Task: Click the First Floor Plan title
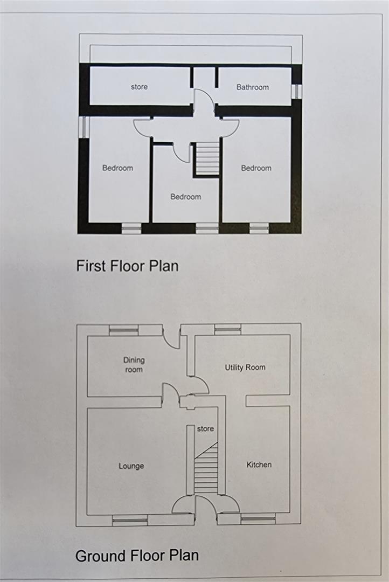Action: click(x=127, y=266)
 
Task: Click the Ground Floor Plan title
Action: click(x=137, y=556)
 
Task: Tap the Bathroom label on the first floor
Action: click(x=252, y=87)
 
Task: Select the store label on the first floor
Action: click(x=139, y=87)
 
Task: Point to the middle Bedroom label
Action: click(x=185, y=197)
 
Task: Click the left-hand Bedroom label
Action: click(x=117, y=168)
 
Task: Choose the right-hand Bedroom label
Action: click(x=256, y=168)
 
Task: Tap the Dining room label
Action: click(x=134, y=365)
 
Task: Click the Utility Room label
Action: click(x=245, y=368)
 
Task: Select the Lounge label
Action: click(x=131, y=466)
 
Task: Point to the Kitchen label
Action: click(x=259, y=465)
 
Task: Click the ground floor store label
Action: click(x=205, y=429)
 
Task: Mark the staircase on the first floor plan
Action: click(x=207, y=158)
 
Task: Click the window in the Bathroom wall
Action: click(x=295, y=91)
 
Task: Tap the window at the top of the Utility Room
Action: click(x=227, y=329)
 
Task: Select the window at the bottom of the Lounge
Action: click(x=130, y=520)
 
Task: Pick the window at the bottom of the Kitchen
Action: click(x=258, y=519)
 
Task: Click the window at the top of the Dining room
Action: click(x=123, y=330)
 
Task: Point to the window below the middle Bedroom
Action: click(x=207, y=229)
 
